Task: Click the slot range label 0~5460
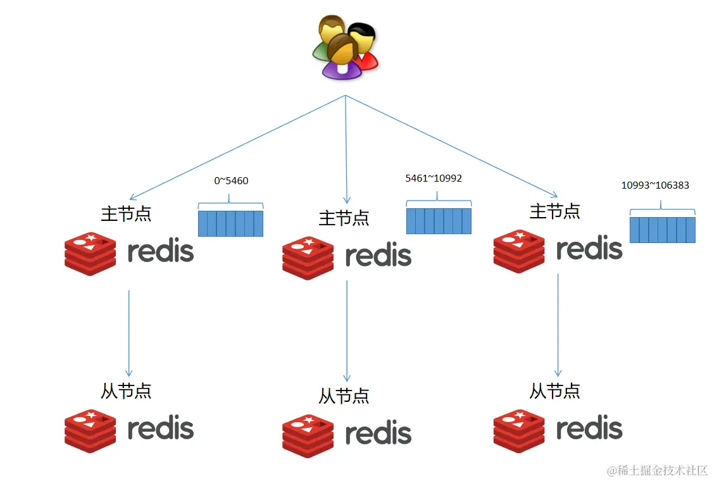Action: pyautogui.click(x=231, y=181)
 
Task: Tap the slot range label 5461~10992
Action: pyautogui.click(x=434, y=178)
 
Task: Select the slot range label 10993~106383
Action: pyautogui.click(x=655, y=185)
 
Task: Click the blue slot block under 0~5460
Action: pyautogui.click(x=230, y=223)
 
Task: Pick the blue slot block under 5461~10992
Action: pyautogui.click(x=439, y=221)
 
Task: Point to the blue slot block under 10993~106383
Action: pyautogui.click(x=663, y=230)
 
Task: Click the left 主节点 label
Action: pyautogui.click(x=126, y=213)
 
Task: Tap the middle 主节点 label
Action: pyautogui.click(x=344, y=218)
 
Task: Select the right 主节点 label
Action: pyautogui.click(x=555, y=211)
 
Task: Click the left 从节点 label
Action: pyautogui.click(x=126, y=391)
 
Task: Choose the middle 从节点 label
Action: pyautogui.click(x=344, y=396)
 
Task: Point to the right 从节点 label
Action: pyautogui.click(x=555, y=391)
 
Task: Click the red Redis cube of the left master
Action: pyautogui.click(x=91, y=254)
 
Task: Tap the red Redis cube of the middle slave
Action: pyautogui.click(x=308, y=436)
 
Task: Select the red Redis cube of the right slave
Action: pyautogui.click(x=519, y=431)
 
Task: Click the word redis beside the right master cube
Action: pyautogui.click(x=589, y=248)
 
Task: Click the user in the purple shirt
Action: pyautogui.click(x=342, y=58)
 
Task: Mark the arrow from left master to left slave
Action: pyautogui.click(x=129, y=334)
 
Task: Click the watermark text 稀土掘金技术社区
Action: pyautogui.click(x=663, y=470)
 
